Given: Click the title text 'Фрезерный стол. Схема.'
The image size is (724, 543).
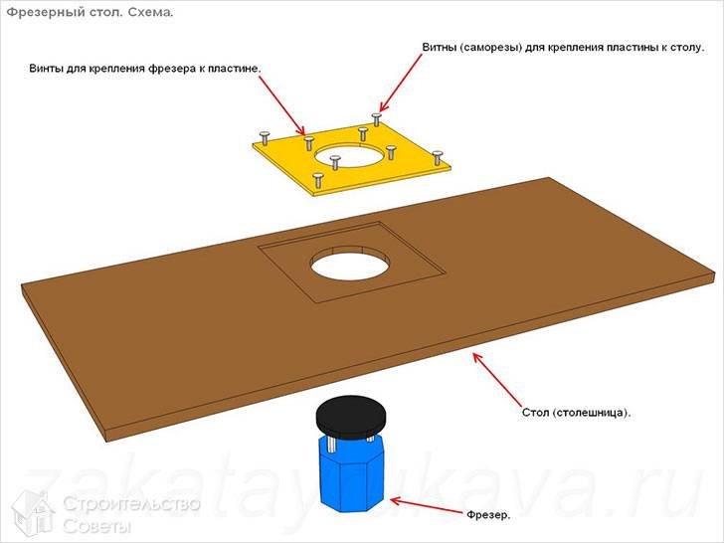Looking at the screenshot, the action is [x=90, y=13].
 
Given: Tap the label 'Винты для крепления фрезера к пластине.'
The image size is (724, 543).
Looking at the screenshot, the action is [x=145, y=69].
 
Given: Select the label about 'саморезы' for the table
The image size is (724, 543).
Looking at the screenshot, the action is [x=563, y=47].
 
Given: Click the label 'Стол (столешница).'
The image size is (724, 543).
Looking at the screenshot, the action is [x=576, y=413].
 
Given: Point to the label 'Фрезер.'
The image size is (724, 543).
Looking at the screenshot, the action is [x=488, y=514].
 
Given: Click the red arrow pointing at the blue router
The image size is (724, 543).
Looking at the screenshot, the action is [x=426, y=505].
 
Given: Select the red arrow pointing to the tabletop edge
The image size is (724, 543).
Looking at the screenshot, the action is [x=496, y=379].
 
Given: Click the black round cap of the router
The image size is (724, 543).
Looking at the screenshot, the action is [x=351, y=417].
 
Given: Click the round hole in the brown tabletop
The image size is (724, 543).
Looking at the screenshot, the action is [x=351, y=264].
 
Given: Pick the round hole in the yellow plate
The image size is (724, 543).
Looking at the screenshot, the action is [x=349, y=155].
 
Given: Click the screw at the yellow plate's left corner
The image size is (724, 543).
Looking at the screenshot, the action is [x=265, y=138].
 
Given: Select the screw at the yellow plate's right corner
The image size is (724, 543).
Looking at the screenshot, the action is [x=437, y=157].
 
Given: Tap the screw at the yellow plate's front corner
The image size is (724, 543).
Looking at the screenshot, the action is [x=317, y=180].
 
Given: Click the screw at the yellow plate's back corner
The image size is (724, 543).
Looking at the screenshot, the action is [x=376, y=118].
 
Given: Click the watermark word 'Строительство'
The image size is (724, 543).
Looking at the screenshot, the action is [x=131, y=504].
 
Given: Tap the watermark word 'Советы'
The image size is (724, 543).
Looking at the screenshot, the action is [x=97, y=526].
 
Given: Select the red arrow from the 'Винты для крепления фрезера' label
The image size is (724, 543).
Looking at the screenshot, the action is [x=281, y=105].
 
